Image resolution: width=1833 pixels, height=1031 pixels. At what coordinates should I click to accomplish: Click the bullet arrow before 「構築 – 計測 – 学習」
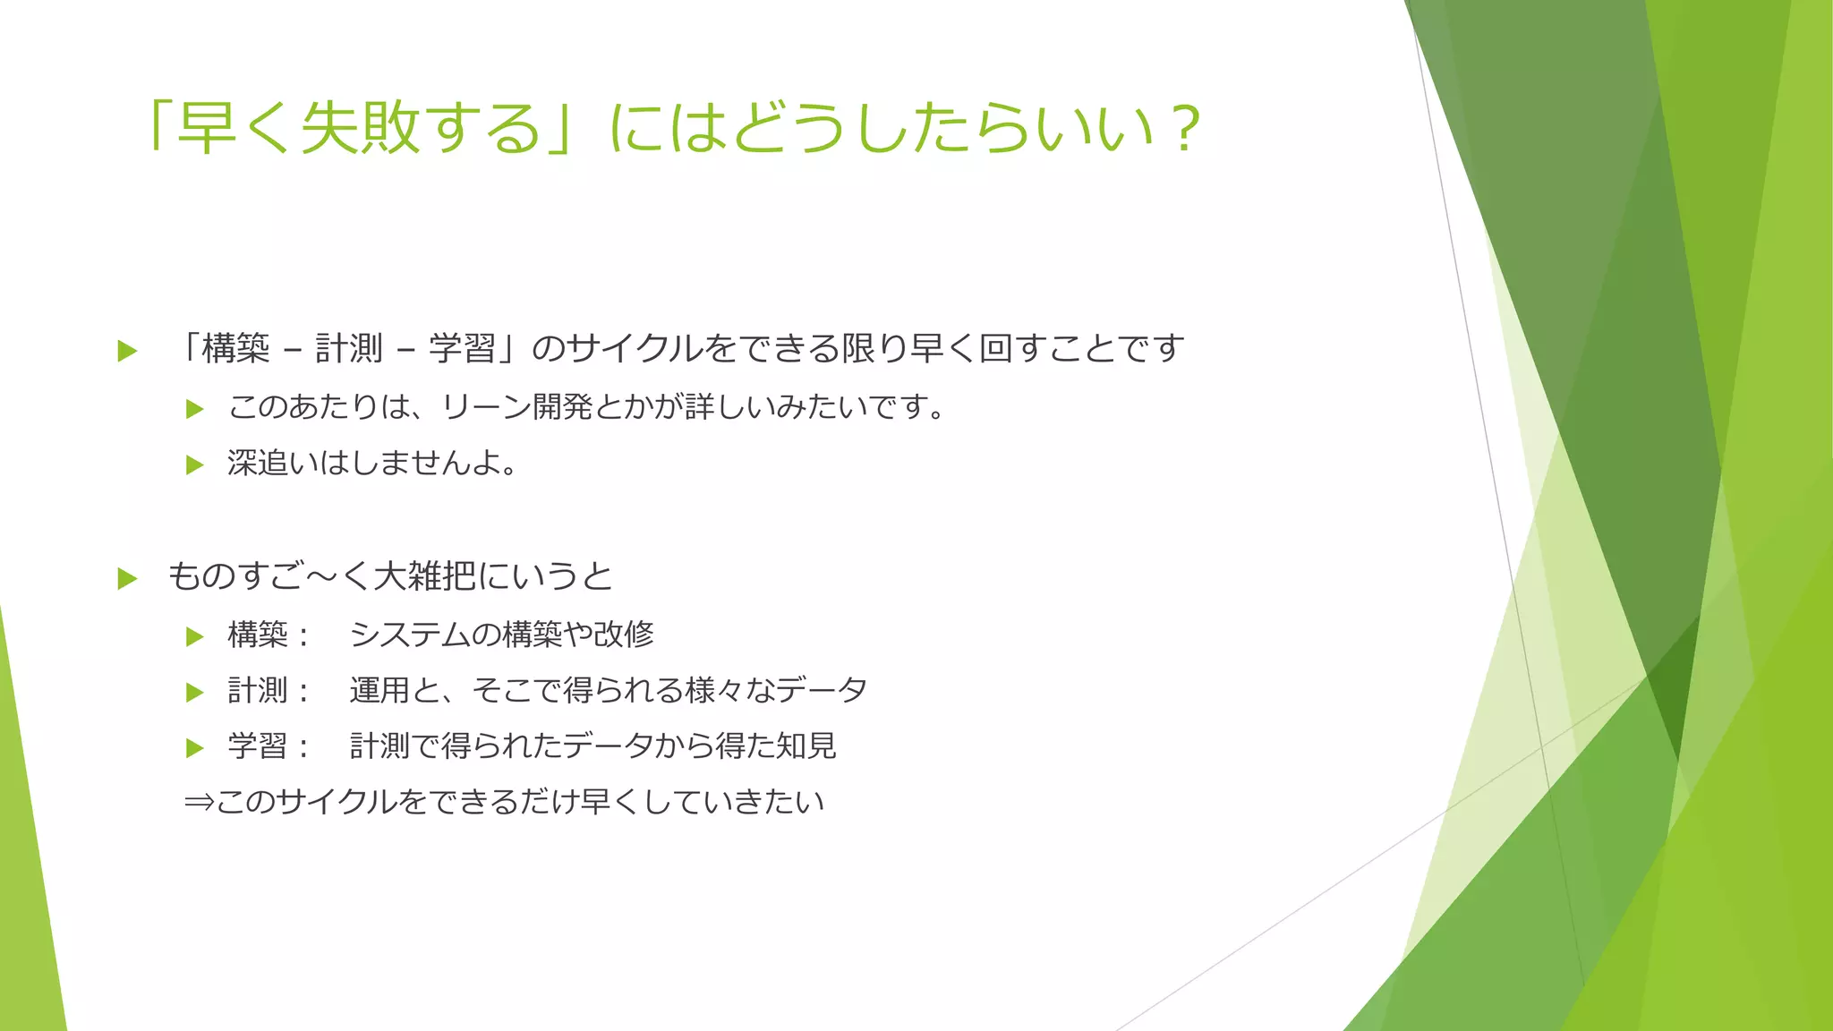coord(127,351)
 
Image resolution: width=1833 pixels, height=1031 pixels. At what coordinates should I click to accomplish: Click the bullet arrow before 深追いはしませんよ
coord(194,464)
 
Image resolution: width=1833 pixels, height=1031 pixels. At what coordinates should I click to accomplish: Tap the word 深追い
coord(273,463)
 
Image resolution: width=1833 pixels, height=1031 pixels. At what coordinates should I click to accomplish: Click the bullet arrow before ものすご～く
coord(127,578)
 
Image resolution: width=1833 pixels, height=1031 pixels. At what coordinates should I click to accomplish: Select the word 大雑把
coord(424,575)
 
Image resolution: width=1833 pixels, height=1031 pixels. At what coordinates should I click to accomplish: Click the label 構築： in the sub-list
coord(269,635)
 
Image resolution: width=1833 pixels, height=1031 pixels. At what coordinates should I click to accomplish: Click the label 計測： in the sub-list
coord(269,690)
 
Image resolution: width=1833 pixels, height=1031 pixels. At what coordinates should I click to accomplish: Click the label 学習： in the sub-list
coord(269,746)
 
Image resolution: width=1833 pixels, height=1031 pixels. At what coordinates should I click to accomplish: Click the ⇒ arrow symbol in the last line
coord(198,801)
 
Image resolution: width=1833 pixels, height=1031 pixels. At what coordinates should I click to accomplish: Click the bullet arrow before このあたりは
coord(194,409)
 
